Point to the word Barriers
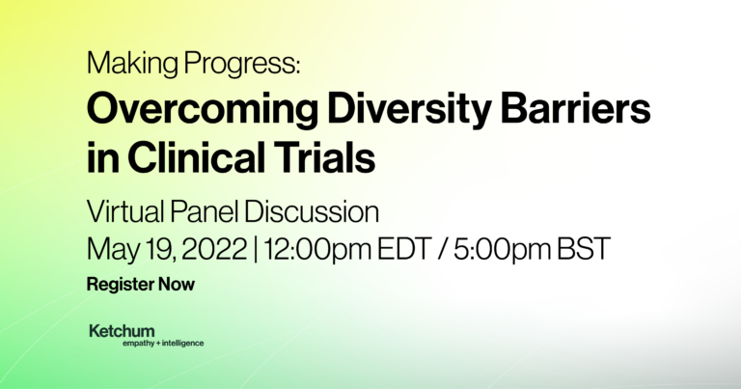[575, 109]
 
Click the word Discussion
[312, 211]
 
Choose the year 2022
[214, 249]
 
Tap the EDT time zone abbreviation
[404, 249]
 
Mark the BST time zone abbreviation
[584, 249]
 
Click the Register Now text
[141, 285]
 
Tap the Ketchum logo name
[122, 331]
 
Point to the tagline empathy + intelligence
[163, 344]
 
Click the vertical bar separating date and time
[255, 250]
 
